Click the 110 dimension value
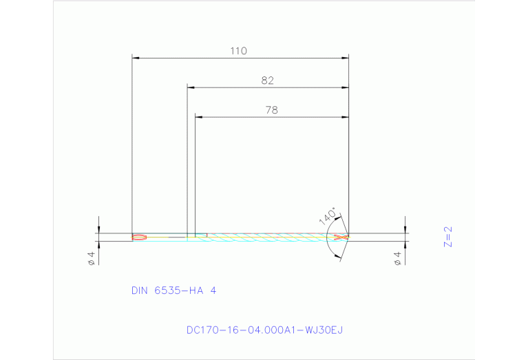pyautogui.click(x=239, y=51)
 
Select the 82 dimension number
pyautogui.click(x=268, y=81)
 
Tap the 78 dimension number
pyautogui.click(x=271, y=109)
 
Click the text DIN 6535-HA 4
pyautogui.click(x=173, y=290)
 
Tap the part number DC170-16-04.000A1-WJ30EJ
pyautogui.click(x=264, y=330)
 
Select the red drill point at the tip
pyautogui.click(x=339, y=237)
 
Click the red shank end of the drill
pyautogui.click(x=138, y=237)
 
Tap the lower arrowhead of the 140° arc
pyautogui.click(x=337, y=256)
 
